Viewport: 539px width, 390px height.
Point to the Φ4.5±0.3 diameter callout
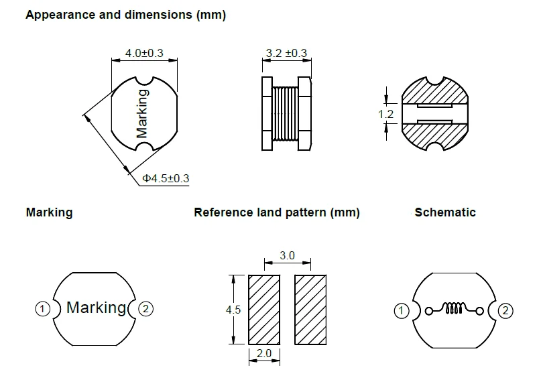coord(166,178)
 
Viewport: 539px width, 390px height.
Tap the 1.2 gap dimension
coord(385,115)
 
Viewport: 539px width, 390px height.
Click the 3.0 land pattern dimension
coord(287,256)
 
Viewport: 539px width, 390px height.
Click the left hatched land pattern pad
coord(263,309)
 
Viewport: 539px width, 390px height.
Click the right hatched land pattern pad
coord(310,309)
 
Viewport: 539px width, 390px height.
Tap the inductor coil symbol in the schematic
coord(455,309)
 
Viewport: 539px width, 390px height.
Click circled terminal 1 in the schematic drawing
coord(400,310)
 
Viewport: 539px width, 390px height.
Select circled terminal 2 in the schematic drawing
coord(506,310)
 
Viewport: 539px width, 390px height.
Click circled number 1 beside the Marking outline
coord(42,308)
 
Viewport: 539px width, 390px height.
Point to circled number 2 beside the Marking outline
coord(147,308)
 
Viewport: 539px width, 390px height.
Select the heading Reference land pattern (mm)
coord(276,213)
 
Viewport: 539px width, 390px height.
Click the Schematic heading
coord(445,212)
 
